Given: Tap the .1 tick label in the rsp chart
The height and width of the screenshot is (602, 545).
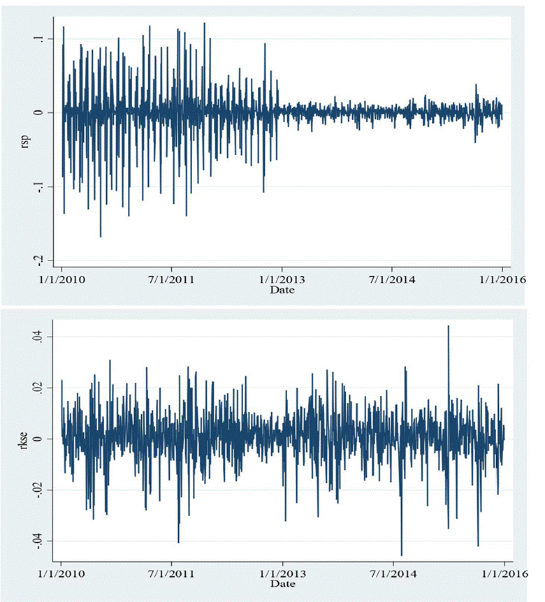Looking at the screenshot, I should (43, 38).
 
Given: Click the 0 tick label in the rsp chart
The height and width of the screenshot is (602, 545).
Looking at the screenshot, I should (43, 112).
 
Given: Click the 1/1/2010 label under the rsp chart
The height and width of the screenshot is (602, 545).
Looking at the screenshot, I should (62, 280).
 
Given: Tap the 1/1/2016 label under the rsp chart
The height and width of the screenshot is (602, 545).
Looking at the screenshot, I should (502, 280).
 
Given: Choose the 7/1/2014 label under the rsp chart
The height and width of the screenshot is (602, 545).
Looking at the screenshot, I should (392, 280).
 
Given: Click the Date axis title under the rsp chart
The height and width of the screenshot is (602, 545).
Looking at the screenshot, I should (282, 289).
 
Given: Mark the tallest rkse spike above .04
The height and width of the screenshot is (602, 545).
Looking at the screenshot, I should (448, 327).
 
